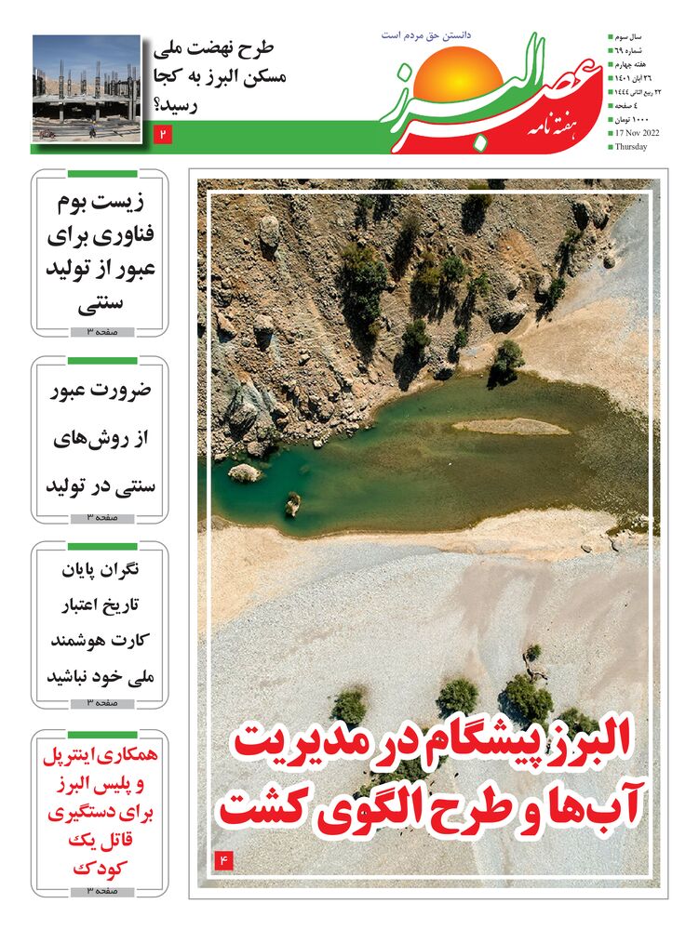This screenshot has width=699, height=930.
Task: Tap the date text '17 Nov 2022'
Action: click(638, 133)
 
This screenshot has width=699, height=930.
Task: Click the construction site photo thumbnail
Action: click(86, 87)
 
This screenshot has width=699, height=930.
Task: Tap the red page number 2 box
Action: click(163, 136)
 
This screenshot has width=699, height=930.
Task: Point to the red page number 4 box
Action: click(223, 859)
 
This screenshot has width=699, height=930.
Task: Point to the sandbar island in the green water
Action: click(512, 426)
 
